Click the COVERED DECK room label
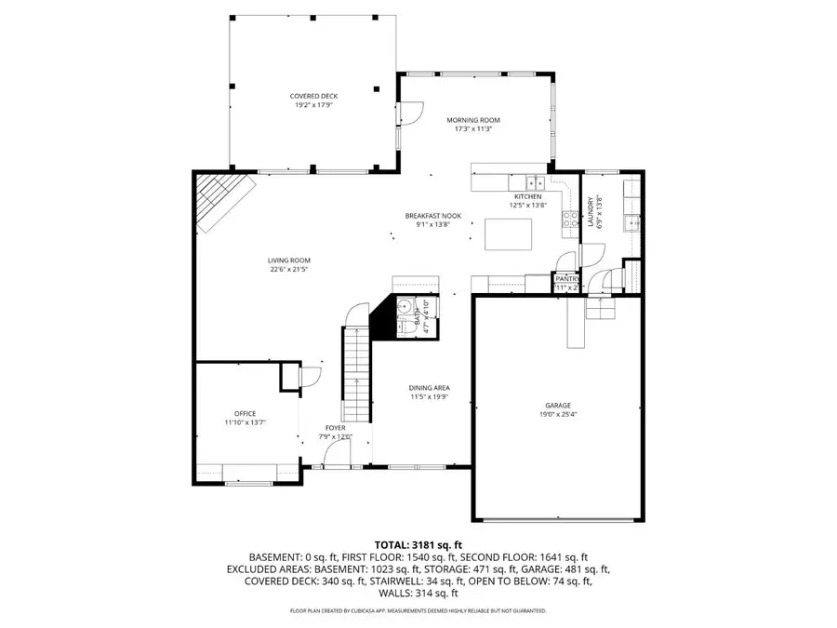(312, 96)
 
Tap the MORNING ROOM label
(472, 120)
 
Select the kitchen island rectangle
(508, 231)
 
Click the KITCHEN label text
(527, 196)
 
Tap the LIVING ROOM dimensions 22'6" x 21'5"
(289, 270)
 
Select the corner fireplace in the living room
(220, 202)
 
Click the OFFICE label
(245, 413)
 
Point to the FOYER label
(336, 428)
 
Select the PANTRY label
(566, 278)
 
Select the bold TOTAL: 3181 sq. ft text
(418, 544)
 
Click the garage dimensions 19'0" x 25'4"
(558, 414)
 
